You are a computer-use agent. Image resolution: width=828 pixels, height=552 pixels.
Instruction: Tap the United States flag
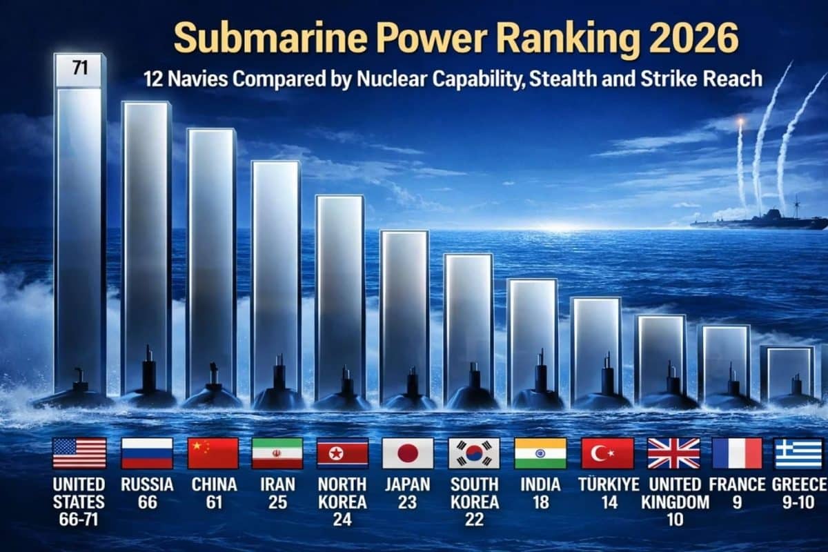[x=79, y=453]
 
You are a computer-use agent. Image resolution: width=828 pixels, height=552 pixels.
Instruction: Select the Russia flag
[x=146, y=453]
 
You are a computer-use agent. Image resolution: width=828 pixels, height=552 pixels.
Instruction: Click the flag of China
[x=213, y=453]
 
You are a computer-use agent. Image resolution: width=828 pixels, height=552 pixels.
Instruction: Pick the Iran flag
[x=277, y=453]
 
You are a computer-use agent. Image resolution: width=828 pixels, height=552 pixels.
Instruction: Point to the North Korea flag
[x=342, y=453]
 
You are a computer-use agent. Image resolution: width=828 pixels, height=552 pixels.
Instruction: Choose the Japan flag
[x=408, y=453]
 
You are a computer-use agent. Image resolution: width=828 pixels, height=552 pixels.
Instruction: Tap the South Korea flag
[x=474, y=453]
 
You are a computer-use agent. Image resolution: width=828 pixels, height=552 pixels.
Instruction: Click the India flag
[x=540, y=453]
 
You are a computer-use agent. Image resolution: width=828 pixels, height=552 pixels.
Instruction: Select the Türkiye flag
[x=607, y=453]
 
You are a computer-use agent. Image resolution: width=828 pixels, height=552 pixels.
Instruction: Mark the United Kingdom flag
[x=673, y=453]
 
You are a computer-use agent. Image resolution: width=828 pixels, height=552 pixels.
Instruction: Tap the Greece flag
[x=798, y=453]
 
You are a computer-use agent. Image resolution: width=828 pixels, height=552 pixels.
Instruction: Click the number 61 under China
[x=213, y=502]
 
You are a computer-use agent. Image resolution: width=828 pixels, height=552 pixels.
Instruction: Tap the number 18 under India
[x=540, y=502]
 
